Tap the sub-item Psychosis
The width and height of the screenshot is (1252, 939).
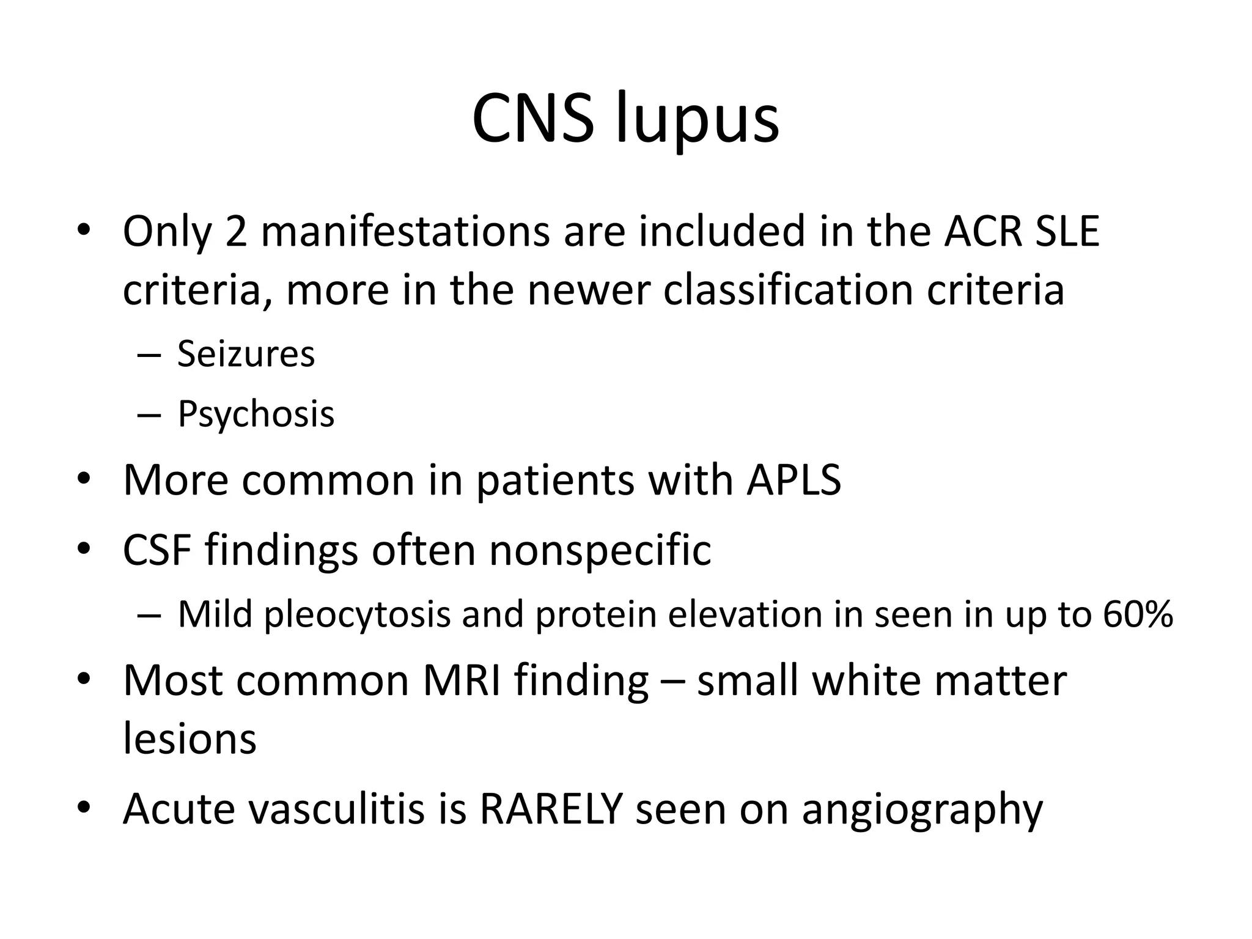pos(256,414)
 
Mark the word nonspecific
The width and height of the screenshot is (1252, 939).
pos(600,550)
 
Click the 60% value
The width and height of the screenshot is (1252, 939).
pos(1138,614)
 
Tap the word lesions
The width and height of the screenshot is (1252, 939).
pos(190,738)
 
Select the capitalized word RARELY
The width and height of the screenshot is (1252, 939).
pos(551,808)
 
